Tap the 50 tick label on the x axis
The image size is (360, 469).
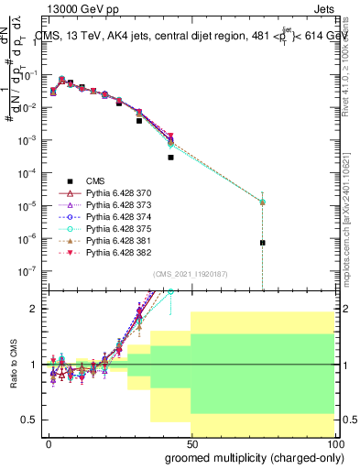click(x=191, y=442)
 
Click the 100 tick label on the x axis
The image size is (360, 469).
click(x=334, y=442)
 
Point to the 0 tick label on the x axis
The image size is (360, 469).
click(x=48, y=442)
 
